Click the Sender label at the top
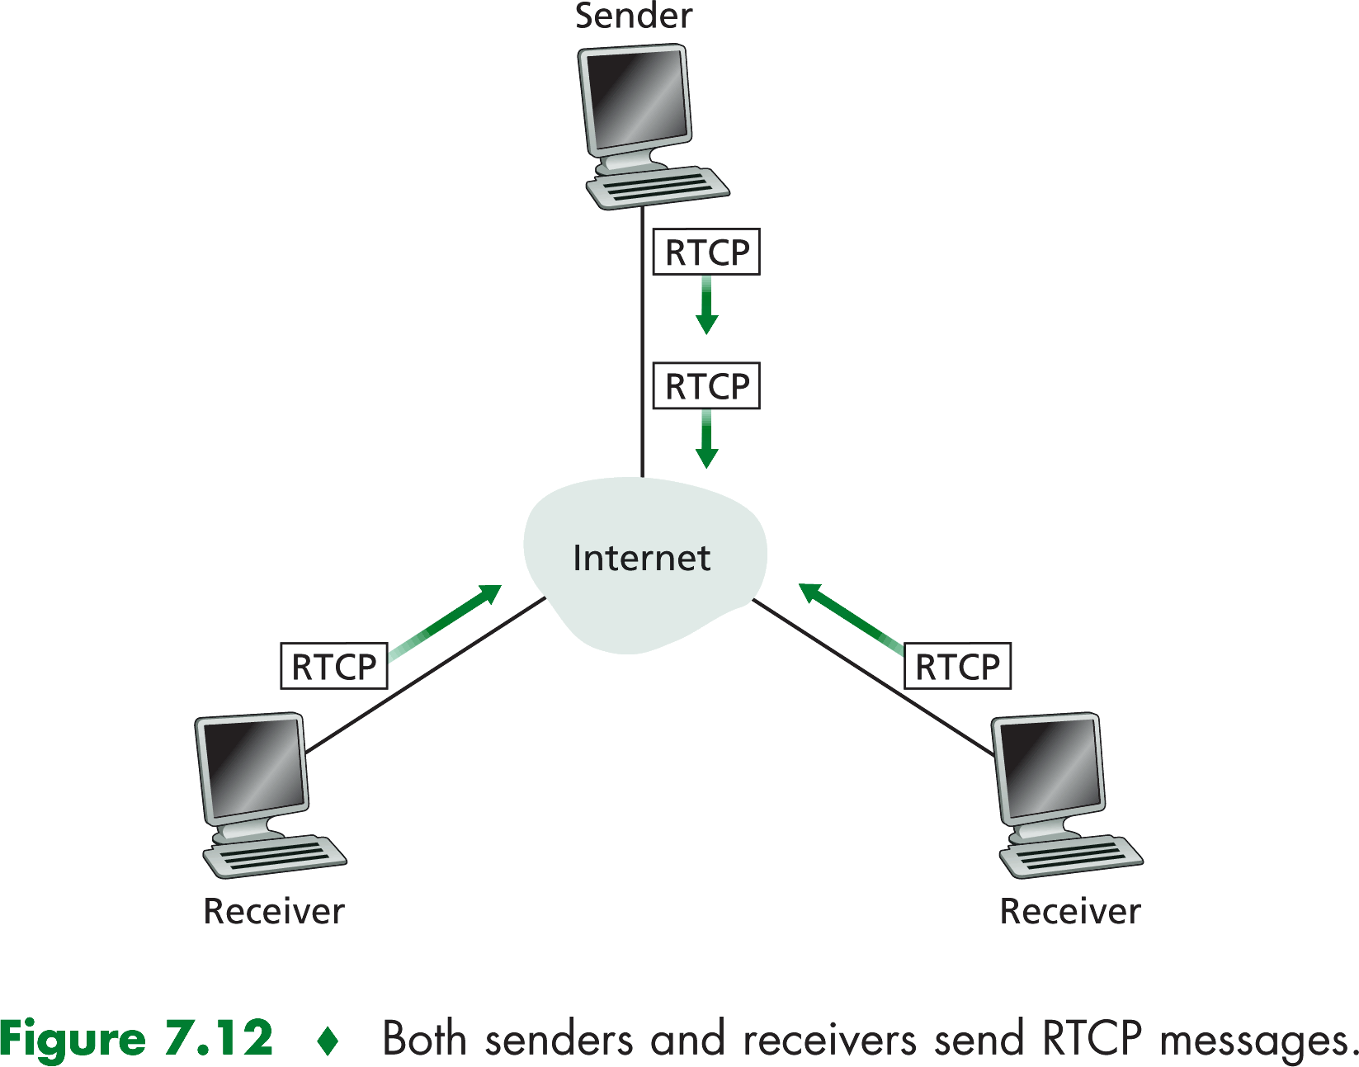point(633,17)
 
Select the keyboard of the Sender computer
point(658,187)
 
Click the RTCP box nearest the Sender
point(706,253)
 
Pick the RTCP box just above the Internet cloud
point(706,386)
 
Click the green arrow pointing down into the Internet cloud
point(706,440)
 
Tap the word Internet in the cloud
point(641,559)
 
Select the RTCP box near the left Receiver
point(334,666)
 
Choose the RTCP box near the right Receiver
point(957,666)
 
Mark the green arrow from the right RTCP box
point(849,618)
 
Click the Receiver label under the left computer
point(273,912)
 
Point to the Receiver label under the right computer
point(1070,912)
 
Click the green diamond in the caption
point(328,1041)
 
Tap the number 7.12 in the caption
point(219,1038)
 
